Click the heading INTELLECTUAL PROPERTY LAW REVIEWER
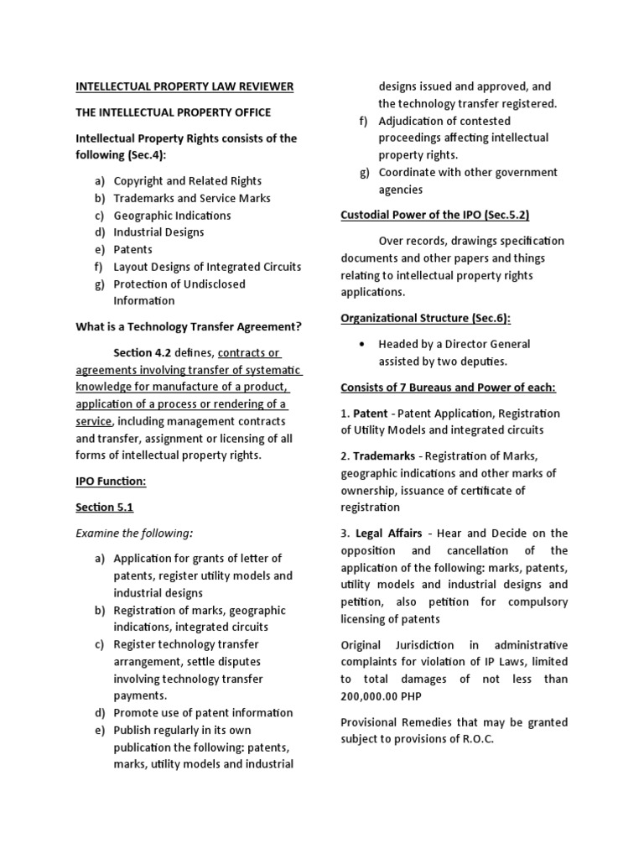tap(184, 86)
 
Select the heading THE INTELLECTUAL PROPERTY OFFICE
tap(174, 112)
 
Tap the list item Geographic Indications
tap(172, 216)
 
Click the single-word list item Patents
tap(133, 250)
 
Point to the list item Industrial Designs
tap(158, 232)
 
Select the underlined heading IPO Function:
tap(111, 482)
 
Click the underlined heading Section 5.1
tap(105, 508)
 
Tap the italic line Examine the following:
tap(134, 533)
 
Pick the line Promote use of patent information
tap(203, 713)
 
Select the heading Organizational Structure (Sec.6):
tap(426, 318)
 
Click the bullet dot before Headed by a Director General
tap(361, 344)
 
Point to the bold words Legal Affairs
tap(388, 534)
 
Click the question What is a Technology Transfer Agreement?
tap(189, 326)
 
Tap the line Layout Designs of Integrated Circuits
tap(207, 267)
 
